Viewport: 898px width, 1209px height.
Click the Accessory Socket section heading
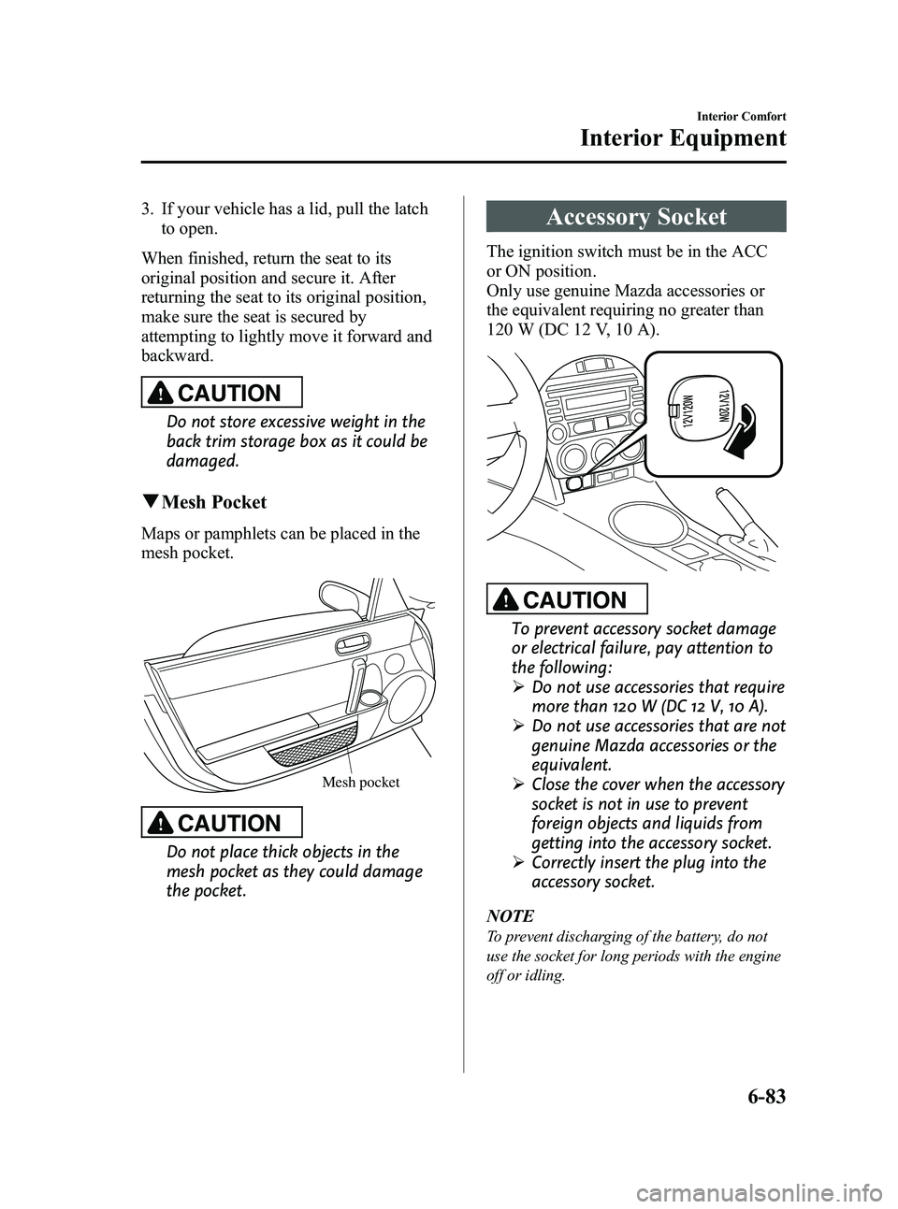(636, 217)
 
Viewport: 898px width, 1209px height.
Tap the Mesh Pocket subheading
(214, 502)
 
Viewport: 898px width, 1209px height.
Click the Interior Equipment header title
(683, 139)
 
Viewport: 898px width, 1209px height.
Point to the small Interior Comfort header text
(739, 116)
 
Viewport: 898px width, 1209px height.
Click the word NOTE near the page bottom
(509, 914)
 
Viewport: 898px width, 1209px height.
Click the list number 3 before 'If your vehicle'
(147, 209)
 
